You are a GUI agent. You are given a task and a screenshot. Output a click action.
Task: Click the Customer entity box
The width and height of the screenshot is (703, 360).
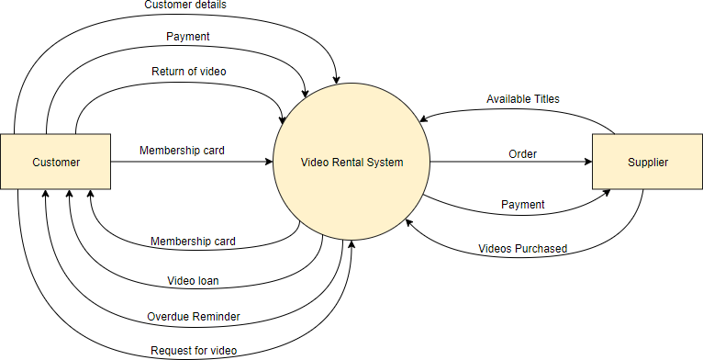56,163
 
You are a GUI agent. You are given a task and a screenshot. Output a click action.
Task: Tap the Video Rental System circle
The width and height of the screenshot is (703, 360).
352,163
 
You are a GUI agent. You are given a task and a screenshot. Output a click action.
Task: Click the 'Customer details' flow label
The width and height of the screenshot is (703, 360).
186,6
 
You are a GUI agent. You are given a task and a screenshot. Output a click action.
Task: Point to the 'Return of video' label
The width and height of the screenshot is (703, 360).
188,71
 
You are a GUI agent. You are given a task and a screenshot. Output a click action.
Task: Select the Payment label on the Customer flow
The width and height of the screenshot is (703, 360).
187,37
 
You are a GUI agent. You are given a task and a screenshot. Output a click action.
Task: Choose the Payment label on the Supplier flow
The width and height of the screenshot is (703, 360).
523,204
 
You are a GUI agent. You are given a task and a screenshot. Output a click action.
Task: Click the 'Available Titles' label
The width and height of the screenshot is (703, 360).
523,98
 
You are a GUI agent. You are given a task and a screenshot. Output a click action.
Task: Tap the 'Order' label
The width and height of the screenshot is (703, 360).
523,153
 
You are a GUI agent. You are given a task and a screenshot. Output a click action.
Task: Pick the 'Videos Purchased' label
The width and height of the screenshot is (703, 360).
523,248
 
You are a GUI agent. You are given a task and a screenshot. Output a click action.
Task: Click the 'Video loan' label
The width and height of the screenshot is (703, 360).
193,280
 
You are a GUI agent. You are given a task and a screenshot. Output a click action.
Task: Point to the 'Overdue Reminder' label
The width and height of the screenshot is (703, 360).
194,316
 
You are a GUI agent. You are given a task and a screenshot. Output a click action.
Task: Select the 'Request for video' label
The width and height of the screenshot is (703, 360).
194,350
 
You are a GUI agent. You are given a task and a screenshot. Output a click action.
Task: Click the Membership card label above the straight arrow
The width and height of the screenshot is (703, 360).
182,150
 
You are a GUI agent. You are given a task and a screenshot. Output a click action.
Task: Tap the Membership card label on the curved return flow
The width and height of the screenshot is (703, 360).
193,242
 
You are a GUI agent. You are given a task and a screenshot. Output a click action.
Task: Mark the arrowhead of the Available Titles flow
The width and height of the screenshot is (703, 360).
422,118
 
